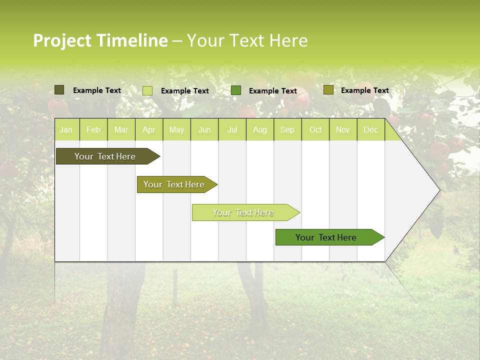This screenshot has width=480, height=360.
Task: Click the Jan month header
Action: coord(66,130)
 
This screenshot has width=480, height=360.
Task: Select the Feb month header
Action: coord(93,130)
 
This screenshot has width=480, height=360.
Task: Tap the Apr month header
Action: coord(148,130)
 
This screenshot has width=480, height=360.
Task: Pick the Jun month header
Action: coord(204,130)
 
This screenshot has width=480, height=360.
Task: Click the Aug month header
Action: coord(259,130)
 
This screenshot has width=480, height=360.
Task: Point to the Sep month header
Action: coord(287,130)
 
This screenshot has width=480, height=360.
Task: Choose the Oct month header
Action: coord(315,130)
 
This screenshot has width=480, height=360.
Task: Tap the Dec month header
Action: coord(370,130)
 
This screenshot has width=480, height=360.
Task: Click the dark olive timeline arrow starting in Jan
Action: coord(105,156)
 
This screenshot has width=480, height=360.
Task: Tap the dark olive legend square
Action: coord(59,90)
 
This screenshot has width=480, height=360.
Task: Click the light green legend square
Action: coord(147,90)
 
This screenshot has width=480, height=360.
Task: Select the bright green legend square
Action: coord(236,90)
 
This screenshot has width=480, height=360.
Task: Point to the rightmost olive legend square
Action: coord(328,90)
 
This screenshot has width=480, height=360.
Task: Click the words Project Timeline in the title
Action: coord(100,40)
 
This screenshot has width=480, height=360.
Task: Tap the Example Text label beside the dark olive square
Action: coord(97,90)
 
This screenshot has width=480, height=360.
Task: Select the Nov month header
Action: coord(343,130)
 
